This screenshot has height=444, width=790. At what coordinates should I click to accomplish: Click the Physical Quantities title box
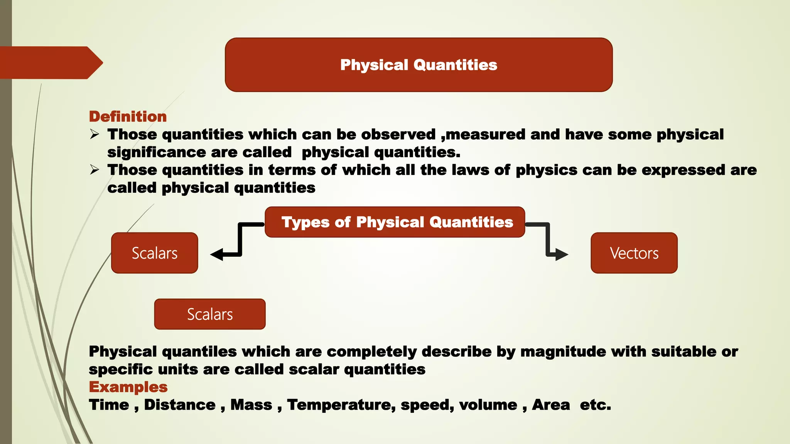[x=419, y=65]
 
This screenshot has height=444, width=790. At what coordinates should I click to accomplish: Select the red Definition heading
[x=128, y=117]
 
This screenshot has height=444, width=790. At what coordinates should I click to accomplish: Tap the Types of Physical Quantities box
[x=395, y=222]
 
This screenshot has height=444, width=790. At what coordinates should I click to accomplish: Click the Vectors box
[x=634, y=253]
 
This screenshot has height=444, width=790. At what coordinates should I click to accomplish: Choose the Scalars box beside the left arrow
[x=154, y=253]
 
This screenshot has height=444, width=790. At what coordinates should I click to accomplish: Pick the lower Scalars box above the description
[x=210, y=314]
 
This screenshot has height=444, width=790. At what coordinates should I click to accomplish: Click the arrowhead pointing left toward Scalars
[x=217, y=254]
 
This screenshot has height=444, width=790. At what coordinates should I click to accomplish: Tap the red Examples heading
[x=128, y=387]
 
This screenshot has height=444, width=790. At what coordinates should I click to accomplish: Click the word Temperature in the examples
[x=341, y=405]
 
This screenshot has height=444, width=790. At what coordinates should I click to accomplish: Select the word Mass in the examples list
[x=251, y=405]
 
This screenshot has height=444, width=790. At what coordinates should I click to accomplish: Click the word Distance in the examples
[x=180, y=405]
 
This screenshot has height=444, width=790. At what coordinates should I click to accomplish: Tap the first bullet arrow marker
[x=95, y=134]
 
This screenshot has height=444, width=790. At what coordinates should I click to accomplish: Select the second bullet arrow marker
[x=95, y=170]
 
